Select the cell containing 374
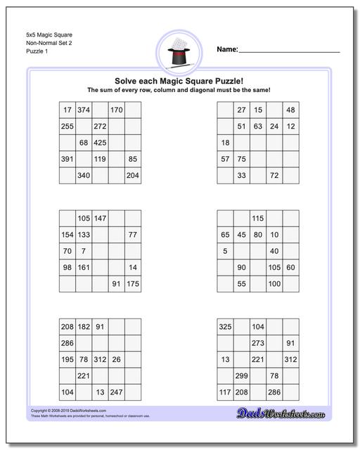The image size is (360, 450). pyautogui.click(x=84, y=110)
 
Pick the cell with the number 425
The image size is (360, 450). pyautogui.click(x=100, y=143)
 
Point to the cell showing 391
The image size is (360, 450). pyautogui.click(x=67, y=159)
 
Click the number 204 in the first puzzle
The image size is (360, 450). pyautogui.click(x=133, y=175)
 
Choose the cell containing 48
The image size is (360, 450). pyautogui.click(x=290, y=110)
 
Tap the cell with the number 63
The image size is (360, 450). pyautogui.click(x=258, y=127)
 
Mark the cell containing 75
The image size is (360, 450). pyautogui.click(x=241, y=159)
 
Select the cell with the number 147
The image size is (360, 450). pyautogui.click(x=100, y=218)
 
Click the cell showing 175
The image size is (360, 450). pyautogui.click(x=133, y=283)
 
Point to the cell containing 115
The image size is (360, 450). pyautogui.click(x=258, y=218)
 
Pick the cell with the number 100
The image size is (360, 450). pyautogui.click(x=274, y=283)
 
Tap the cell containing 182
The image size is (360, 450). pyautogui.click(x=84, y=327)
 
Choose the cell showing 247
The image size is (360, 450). pyautogui.click(x=117, y=392)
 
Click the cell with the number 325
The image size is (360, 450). pyautogui.click(x=225, y=327)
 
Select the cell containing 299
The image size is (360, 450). pyautogui.click(x=241, y=376)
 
